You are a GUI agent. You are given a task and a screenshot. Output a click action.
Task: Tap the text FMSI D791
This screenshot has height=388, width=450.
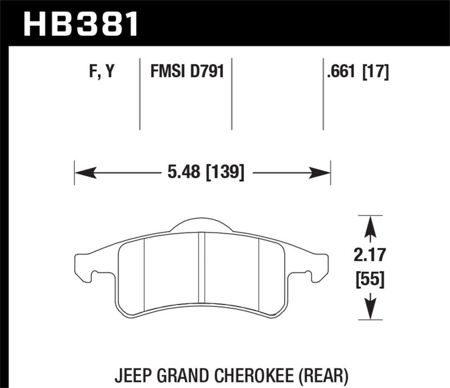186,72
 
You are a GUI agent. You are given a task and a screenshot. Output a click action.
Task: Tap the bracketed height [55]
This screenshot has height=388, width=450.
370,280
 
